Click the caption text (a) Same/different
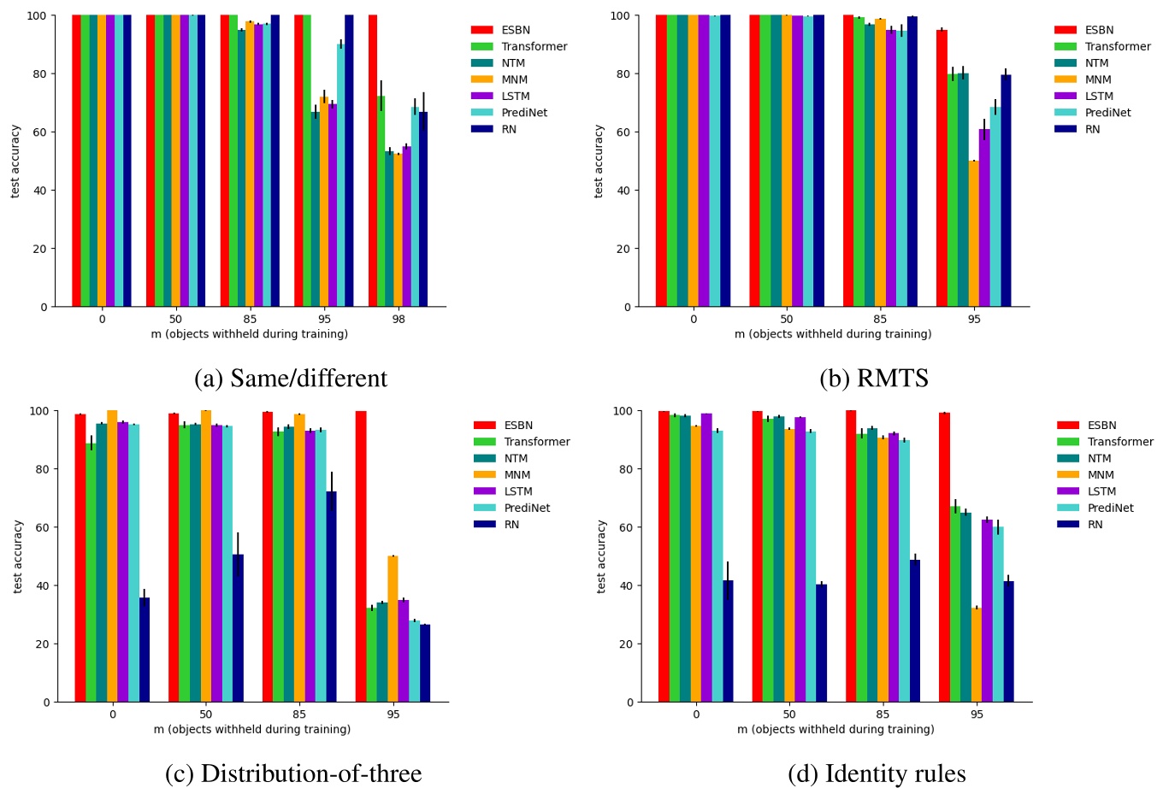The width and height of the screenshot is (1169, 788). click(x=291, y=378)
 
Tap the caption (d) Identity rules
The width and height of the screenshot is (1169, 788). click(x=877, y=773)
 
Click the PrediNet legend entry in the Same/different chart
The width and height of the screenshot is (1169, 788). click(x=524, y=113)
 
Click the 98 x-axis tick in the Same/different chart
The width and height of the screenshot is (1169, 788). click(x=399, y=320)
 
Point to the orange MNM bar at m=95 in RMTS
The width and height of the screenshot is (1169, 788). click(x=973, y=233)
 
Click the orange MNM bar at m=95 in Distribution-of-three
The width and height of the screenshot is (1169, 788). click(x=393, y=628)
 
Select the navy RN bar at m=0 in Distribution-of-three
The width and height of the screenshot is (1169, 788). click(x=145, y=650)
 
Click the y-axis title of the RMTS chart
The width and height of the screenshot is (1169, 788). click(x=599, y=162)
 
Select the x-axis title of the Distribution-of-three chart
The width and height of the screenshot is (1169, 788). click(x=252, y=730)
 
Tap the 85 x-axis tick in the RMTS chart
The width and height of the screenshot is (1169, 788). click(x=880, y=320)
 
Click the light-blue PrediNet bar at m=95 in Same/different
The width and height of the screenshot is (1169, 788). click(x=340, y=174)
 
